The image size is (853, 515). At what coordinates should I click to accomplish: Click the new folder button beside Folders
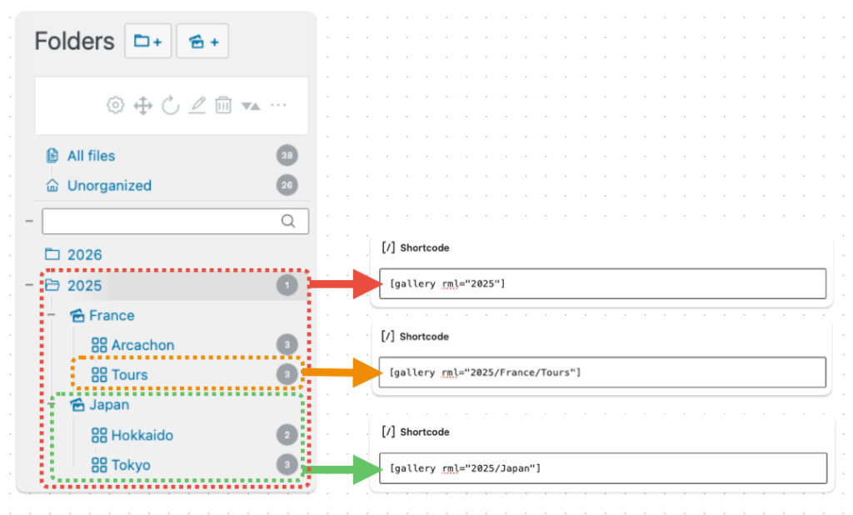pyautogui.click(x=148, y=41)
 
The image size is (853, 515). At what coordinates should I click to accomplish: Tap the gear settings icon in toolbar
pyautogui.click(x=115, y=105)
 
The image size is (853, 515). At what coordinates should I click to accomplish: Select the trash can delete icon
pyautogui.click(x=223, y=104)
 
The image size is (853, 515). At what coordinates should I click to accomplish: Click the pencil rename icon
pyautogui.click(x=197, y=104)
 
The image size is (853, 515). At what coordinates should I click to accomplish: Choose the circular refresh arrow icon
pyautogui.click(x=170, y=105)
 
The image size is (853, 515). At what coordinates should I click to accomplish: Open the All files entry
pyautogui.click(x=91, y=156)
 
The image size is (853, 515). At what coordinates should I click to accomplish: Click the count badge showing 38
pyautogui.click(x=287, y=156)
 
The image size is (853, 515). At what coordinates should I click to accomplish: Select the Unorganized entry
pyautogui.click(x=109, y=186)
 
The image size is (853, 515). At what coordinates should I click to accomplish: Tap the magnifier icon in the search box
pyautogui.click(x=288, y=221)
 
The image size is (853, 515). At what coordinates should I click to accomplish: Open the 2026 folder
pyautogui.click(x=84, y=255)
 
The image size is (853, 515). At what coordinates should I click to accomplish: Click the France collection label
pyautogui.click(x=112, y=315)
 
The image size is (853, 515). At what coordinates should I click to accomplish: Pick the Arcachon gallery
pyautogui.click(x=142, y=345)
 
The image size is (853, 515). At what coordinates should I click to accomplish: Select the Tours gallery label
pyautogui.click(x=129, y=375)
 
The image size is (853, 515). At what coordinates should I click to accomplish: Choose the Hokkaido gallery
pyautogui.click(x=142, y=435)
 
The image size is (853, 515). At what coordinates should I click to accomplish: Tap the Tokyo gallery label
pyautogui.click(x=131, y=465)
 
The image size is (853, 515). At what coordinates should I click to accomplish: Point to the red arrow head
pyautogui.click(x=367, y=283)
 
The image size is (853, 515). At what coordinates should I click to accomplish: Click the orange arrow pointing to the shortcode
pyautogui.click(x=342, y=372)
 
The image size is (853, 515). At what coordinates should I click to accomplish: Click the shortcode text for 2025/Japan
pyautogui.click(x=465, y=468)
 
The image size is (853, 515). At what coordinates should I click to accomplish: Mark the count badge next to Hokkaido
pyautogui.click(x=287, y=435)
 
